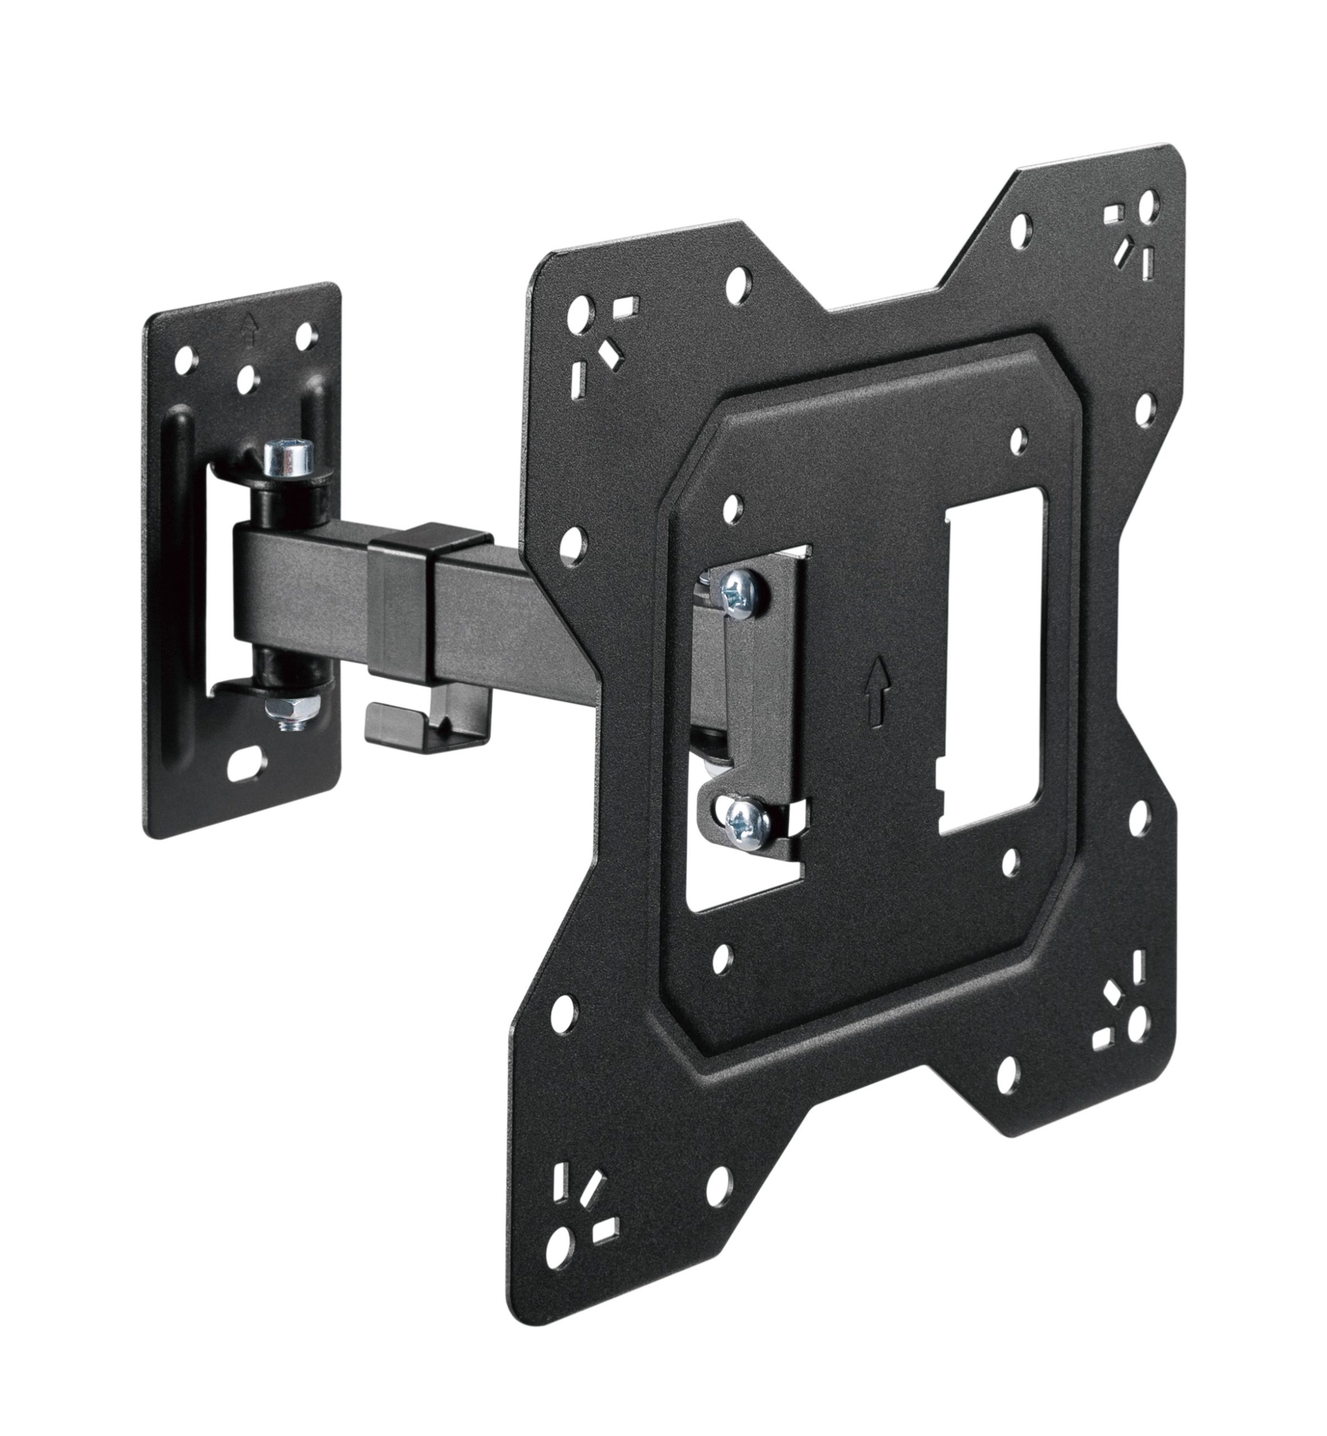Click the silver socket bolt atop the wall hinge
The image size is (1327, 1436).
(288, 460)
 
